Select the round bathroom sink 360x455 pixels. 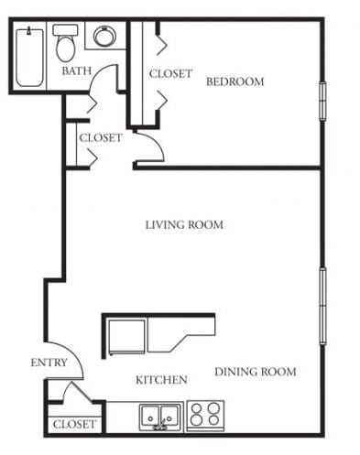click(x=104, y=38)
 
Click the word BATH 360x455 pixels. click(x=75, y=71)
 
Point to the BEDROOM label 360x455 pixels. click(x=235, y=81)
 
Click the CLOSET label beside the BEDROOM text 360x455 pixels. click(x=170, y=74)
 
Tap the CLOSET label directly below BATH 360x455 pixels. click(x=100, y=138)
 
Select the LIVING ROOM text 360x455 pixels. click(x=184, y=224)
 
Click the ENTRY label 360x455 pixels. click(x=49, y=363)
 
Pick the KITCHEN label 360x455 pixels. click(x=161, y=380)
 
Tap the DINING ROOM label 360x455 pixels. click(x=256, y=372)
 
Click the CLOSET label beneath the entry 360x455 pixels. click(x=74, y=425)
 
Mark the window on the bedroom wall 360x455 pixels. click(x=322, y=101)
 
